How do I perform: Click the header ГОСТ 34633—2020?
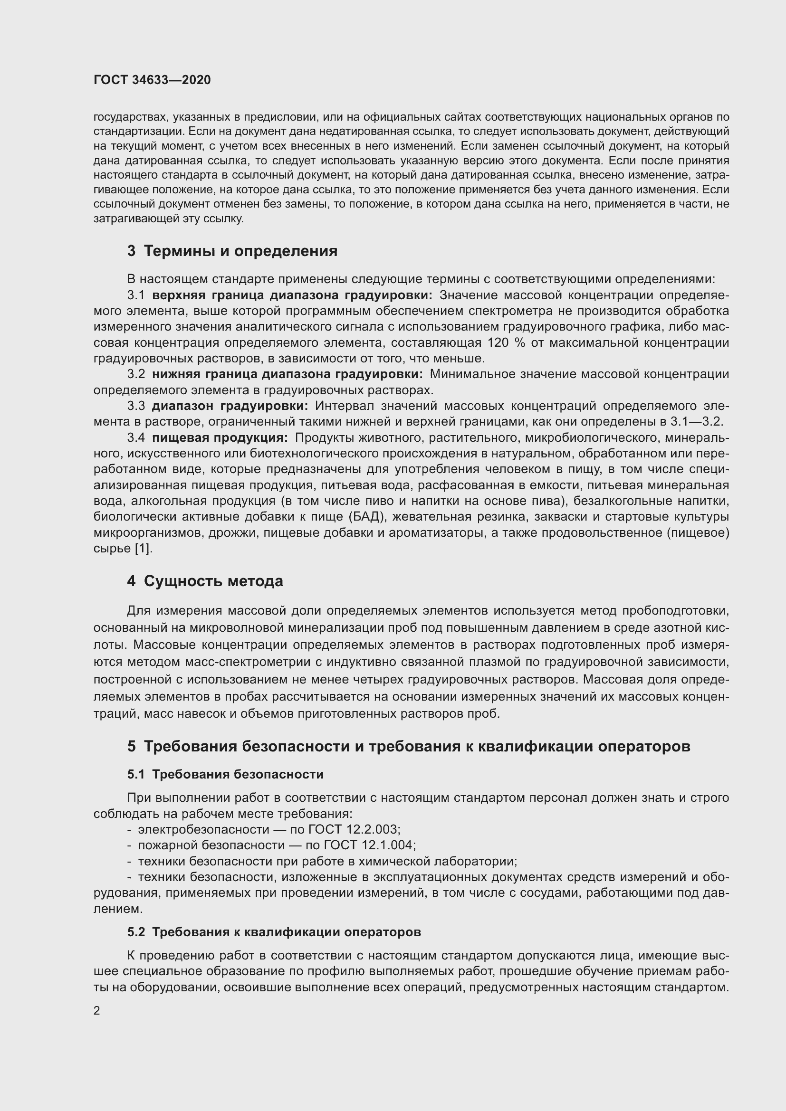point(152,80)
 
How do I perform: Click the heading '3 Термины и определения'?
point(232,251)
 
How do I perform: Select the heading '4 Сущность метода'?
point(205,580)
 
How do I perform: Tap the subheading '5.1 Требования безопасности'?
point(225,774)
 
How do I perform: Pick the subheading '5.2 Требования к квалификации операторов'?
point(274,932)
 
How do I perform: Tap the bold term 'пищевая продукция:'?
point(220,437)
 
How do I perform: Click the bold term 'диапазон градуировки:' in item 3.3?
point(230,406)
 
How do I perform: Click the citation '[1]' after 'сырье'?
point(143,548)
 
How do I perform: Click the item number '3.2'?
point(136,374)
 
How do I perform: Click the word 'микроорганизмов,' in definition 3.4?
point(143,533)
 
